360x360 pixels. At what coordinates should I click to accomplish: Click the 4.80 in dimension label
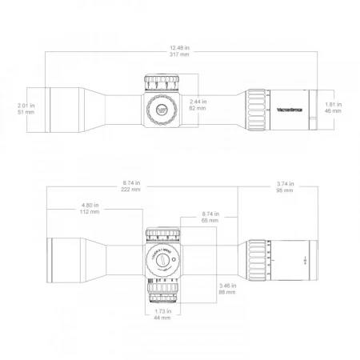tap(90, 206)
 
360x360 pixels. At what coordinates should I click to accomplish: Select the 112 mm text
tap(90, 213)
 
